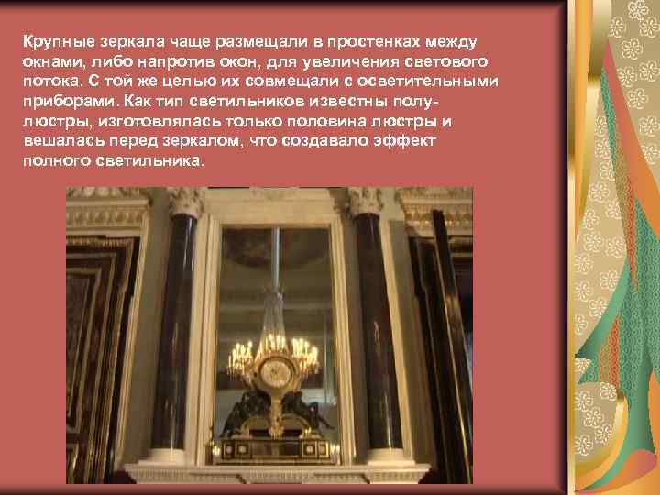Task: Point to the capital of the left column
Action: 185,201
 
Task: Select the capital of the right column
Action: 366,201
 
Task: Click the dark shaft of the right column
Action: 368,330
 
